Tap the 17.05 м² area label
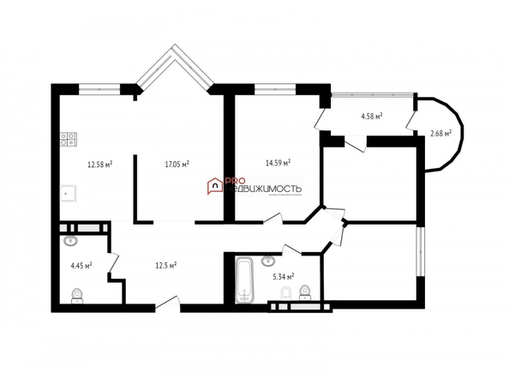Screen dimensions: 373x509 click(x=177, y=163)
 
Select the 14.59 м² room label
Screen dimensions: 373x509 click(x=278, y=161)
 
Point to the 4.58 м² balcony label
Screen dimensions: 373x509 click(x=371, y=115)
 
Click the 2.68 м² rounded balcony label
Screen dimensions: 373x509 click(x=441, y=133)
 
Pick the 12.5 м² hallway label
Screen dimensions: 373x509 click(x=165, y=265)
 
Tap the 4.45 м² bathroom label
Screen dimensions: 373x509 click(x=81, y=265)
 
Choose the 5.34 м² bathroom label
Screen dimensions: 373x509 click(x=283, y=276)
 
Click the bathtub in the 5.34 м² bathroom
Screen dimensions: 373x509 click(x=245, y=280)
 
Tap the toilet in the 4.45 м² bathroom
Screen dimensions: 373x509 click(x=76, y=296)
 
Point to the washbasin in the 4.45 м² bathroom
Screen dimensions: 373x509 click(x=69, y=241)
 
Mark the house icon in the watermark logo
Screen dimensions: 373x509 click(x=213, y=184)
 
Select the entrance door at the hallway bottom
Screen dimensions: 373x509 click(x=166, y=303)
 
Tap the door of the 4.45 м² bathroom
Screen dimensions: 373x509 click(x=112, y=266)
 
